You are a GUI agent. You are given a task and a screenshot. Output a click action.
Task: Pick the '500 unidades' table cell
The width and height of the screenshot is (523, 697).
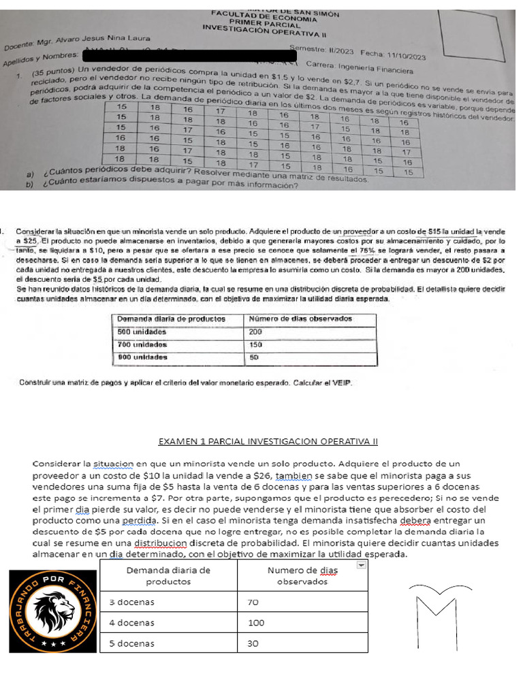(x=142, y=331)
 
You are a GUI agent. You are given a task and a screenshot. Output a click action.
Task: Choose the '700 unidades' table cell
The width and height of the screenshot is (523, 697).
(x=142, y=344)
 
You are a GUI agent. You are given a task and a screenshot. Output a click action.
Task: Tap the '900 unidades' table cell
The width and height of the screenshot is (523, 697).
(x=142, y=357)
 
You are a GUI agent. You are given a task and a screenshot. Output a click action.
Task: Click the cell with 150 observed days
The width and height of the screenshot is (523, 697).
(x=256, y=344)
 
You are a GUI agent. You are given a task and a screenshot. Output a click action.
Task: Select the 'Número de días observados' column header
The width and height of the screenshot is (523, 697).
(x=300, y=319)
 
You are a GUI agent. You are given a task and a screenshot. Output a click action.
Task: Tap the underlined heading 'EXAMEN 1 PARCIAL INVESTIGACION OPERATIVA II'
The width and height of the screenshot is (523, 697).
(x=268, y=442)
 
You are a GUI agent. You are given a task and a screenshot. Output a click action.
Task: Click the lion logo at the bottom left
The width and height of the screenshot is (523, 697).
(x=53, y=610)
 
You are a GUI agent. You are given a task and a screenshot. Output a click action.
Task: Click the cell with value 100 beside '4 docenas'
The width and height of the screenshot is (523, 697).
(x=257, y=622)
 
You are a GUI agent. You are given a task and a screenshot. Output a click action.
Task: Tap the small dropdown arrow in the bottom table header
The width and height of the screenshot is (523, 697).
(x=362, y=564)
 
